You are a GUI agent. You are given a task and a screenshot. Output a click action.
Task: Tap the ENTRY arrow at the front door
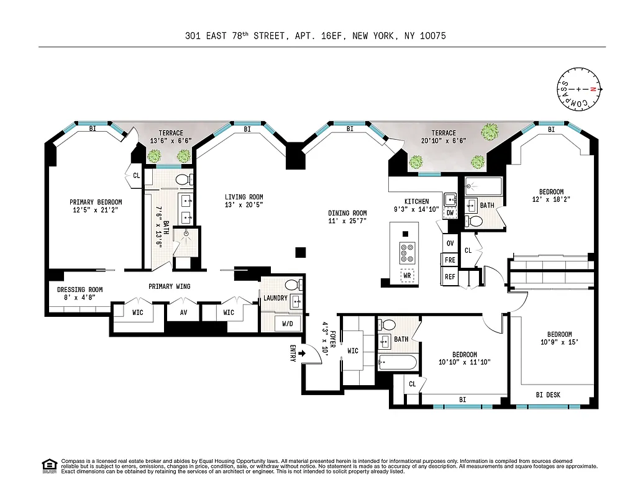tap(301, 353)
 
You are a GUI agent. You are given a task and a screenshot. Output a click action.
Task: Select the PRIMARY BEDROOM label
tap(96, 206)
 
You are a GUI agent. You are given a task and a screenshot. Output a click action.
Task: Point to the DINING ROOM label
tap(347, 217)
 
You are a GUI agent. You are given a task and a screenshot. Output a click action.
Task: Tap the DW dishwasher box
tap(450, 213)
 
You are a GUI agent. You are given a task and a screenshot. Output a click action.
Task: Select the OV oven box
tap(450, 243)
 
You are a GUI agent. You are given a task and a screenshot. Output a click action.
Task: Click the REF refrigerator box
tap(450, 277)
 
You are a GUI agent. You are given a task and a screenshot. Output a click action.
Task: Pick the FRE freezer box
tap(450, 260)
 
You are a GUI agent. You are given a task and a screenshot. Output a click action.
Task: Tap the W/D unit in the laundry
tap(288, 323)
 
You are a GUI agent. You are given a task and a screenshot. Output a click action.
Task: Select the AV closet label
tap(183, 312)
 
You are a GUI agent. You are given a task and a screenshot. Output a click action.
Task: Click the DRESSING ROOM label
tap(80, 293)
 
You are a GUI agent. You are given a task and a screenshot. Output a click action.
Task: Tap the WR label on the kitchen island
tap(408, 275)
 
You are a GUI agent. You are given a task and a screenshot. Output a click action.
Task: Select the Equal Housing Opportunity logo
tap(49, 465)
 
